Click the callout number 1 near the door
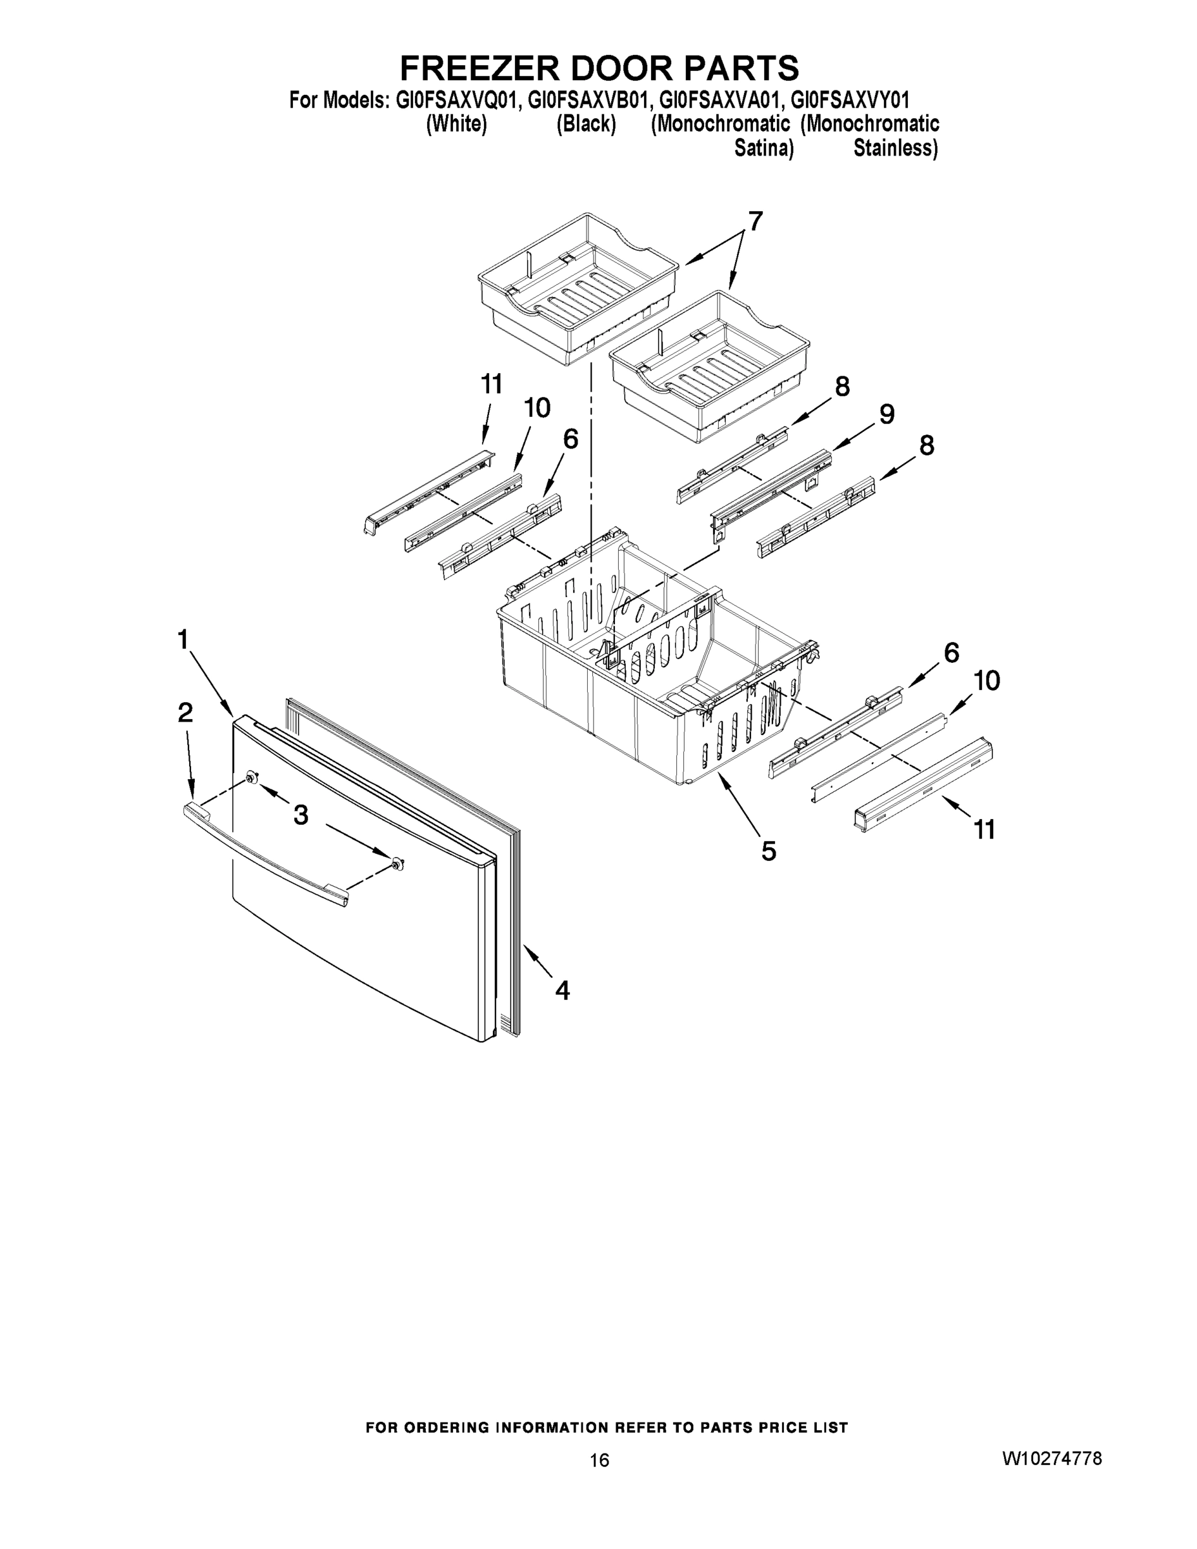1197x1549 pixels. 183,640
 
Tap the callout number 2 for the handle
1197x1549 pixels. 185,713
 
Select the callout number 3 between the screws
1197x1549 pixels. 301,816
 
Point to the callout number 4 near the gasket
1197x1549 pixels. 561,990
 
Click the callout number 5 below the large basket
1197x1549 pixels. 769,851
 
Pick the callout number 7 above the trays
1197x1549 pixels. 755,222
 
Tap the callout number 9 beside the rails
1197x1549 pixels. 887,414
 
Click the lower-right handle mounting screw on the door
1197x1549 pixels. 398,863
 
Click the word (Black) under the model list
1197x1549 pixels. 586,124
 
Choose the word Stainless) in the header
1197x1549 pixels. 895,148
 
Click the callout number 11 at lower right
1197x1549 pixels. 984,829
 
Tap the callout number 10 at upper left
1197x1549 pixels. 537,408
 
